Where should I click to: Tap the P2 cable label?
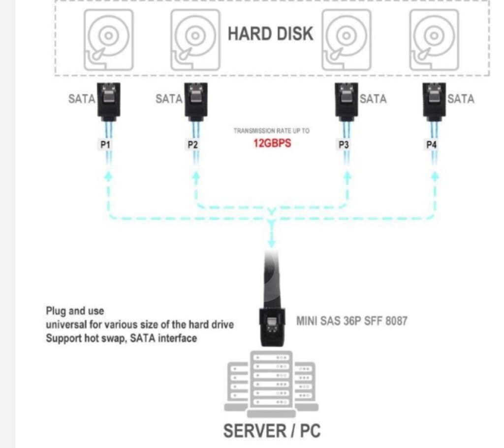(x=192, y=145)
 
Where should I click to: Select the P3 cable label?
(x=344, y=145)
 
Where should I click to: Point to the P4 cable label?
(x=431, y=145)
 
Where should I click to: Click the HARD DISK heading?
(x=270, y=33)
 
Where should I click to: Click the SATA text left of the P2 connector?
(x=169, y=99)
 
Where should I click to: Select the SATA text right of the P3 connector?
(x=373, y=99)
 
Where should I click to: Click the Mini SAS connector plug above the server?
(x=271, y=325)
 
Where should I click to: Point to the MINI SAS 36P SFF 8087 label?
(x=352, y=321)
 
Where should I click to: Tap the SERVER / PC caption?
(x=272, y=431)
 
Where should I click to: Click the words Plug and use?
(x=75, y=311)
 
